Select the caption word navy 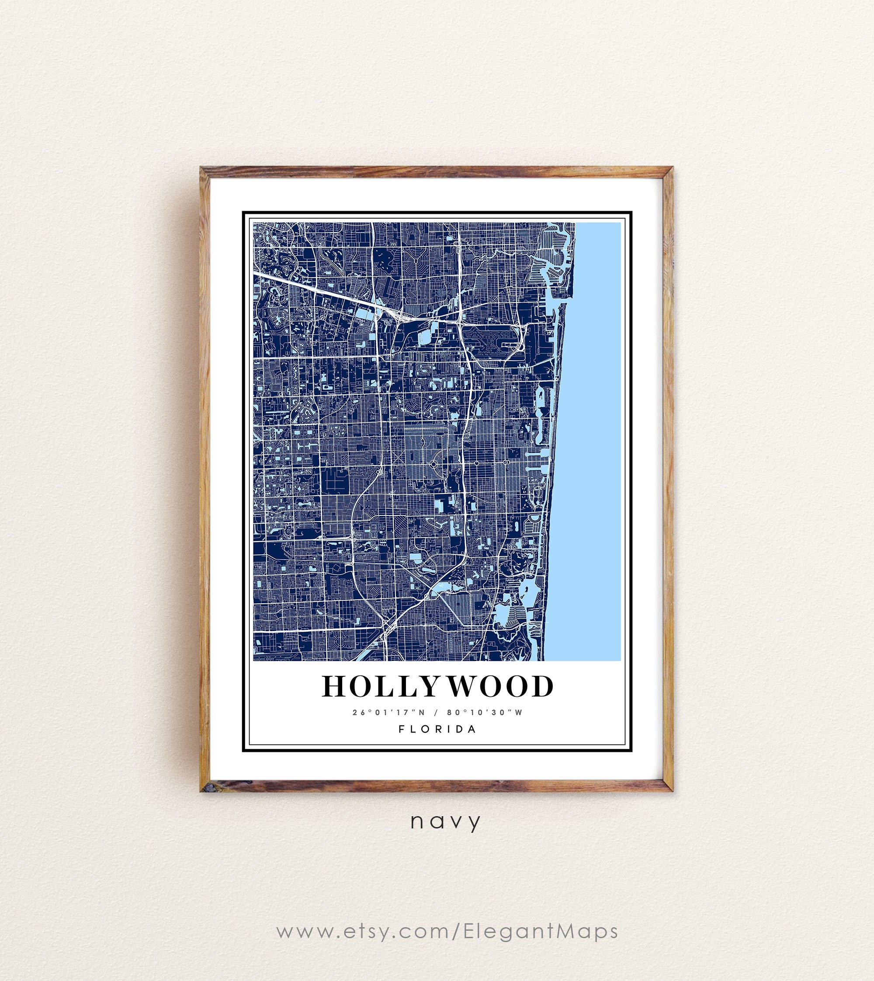tap(445, 821)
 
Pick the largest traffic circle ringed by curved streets tap(433, 464)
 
